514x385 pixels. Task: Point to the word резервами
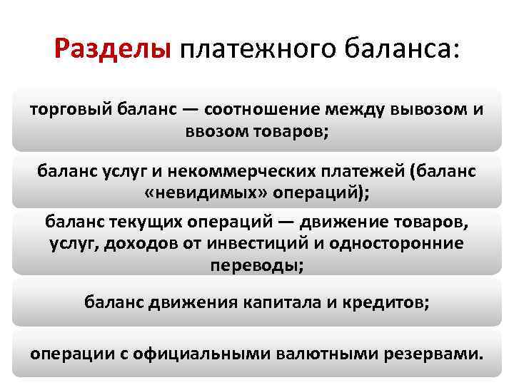[x=433, y=353]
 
